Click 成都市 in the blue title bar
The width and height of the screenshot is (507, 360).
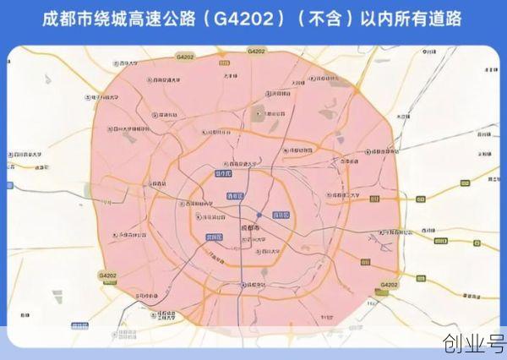[x=68, y=19]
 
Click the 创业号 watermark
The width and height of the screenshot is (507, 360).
[x=473, y=345]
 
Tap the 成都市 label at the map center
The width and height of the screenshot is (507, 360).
[x=253, y=228]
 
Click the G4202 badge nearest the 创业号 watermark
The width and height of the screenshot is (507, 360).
[x=388, y=286]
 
